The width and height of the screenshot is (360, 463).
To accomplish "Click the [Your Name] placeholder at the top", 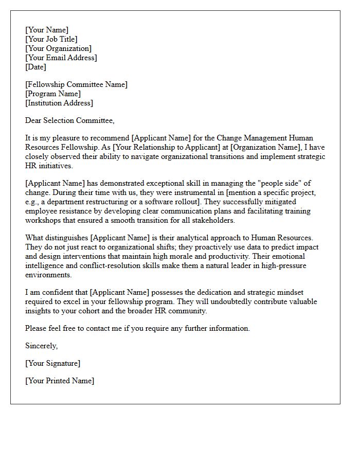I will click(x=47, y=30).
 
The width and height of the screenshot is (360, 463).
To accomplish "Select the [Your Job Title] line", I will click(x=51, y=40).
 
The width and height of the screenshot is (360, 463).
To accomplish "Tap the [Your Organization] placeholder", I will click(x=59, y=49).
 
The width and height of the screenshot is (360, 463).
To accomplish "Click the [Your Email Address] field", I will click(x=61, y=58).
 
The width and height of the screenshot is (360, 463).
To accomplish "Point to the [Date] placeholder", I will click(x=35, y=67).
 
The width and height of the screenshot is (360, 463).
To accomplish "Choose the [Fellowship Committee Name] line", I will click(x=76, y=85).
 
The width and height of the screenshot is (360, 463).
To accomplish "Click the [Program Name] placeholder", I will click(x=53, y=94).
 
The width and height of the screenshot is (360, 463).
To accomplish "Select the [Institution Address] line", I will click(x=59, y=103).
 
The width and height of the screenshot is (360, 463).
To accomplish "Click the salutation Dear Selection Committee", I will click(x=70, y=121).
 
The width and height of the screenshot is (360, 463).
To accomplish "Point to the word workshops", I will click(x=43, y=221).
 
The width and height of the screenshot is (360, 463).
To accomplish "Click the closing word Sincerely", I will click(x=41, y=346).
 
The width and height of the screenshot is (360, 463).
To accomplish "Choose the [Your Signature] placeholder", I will click(x=52, y=364).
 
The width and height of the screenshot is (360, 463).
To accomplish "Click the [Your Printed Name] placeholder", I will click(x=60, y=381).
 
